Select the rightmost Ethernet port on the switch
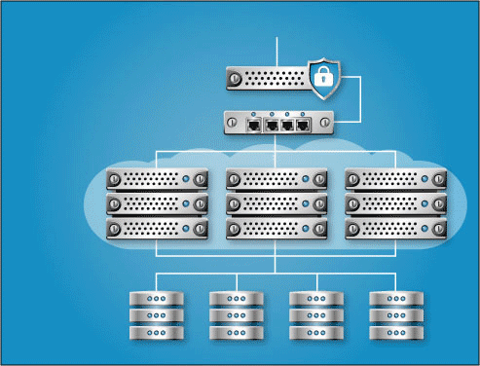tap(303, 125)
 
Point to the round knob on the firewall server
tap(236, 77)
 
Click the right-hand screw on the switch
tap(325, 123)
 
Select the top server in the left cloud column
tap(158, 180)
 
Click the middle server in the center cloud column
tap(277, 204)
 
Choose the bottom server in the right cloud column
tap(396, 229)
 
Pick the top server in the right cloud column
tap(396, 180)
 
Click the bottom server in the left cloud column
tap(158, 229)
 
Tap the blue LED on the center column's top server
tap(307, 180)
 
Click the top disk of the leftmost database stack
tap(157, 299)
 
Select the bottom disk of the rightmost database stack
tap(396, 332)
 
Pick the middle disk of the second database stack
tap(237, 315)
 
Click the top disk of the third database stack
tap(316, 299)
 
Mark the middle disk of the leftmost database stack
tap(157, 315)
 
